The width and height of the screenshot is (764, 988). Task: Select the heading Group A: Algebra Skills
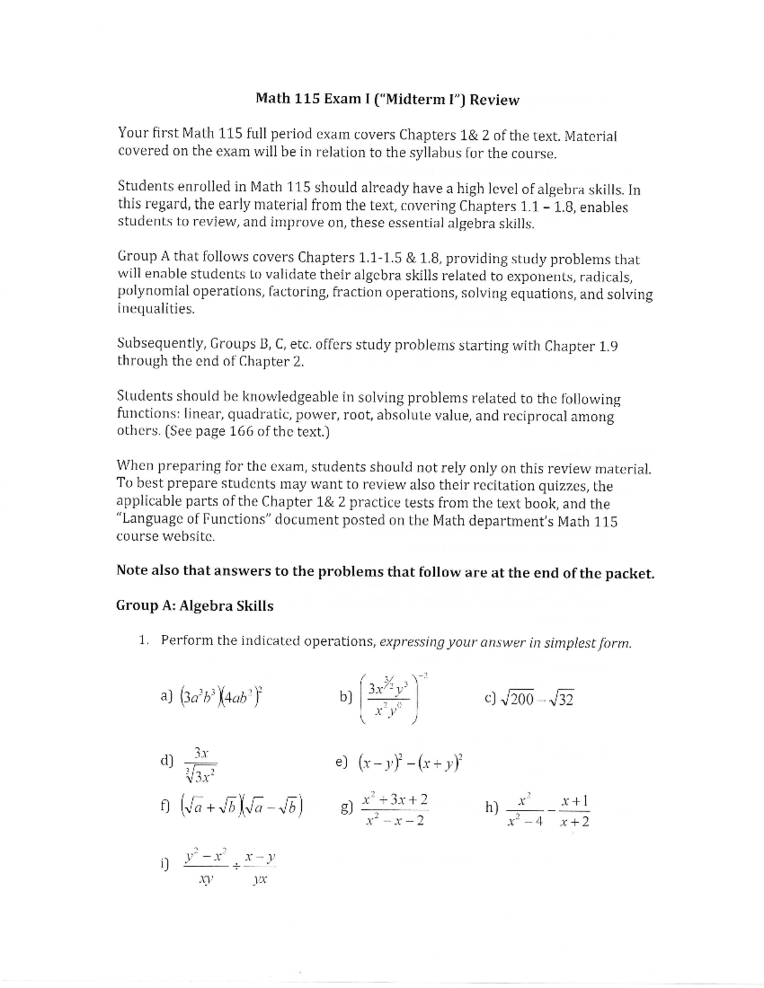pos(195,606)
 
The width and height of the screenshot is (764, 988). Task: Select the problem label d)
pos(167,761)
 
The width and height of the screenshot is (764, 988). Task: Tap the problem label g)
pos(346,809)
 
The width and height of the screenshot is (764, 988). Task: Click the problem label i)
pos(164,863)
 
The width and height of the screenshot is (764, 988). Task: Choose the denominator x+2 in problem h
pos(574,822)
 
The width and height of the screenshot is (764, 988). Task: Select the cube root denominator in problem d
pos(201,776)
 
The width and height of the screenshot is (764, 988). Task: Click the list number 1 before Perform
pos(144,640)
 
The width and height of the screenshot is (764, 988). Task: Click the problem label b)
pos(346,697)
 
